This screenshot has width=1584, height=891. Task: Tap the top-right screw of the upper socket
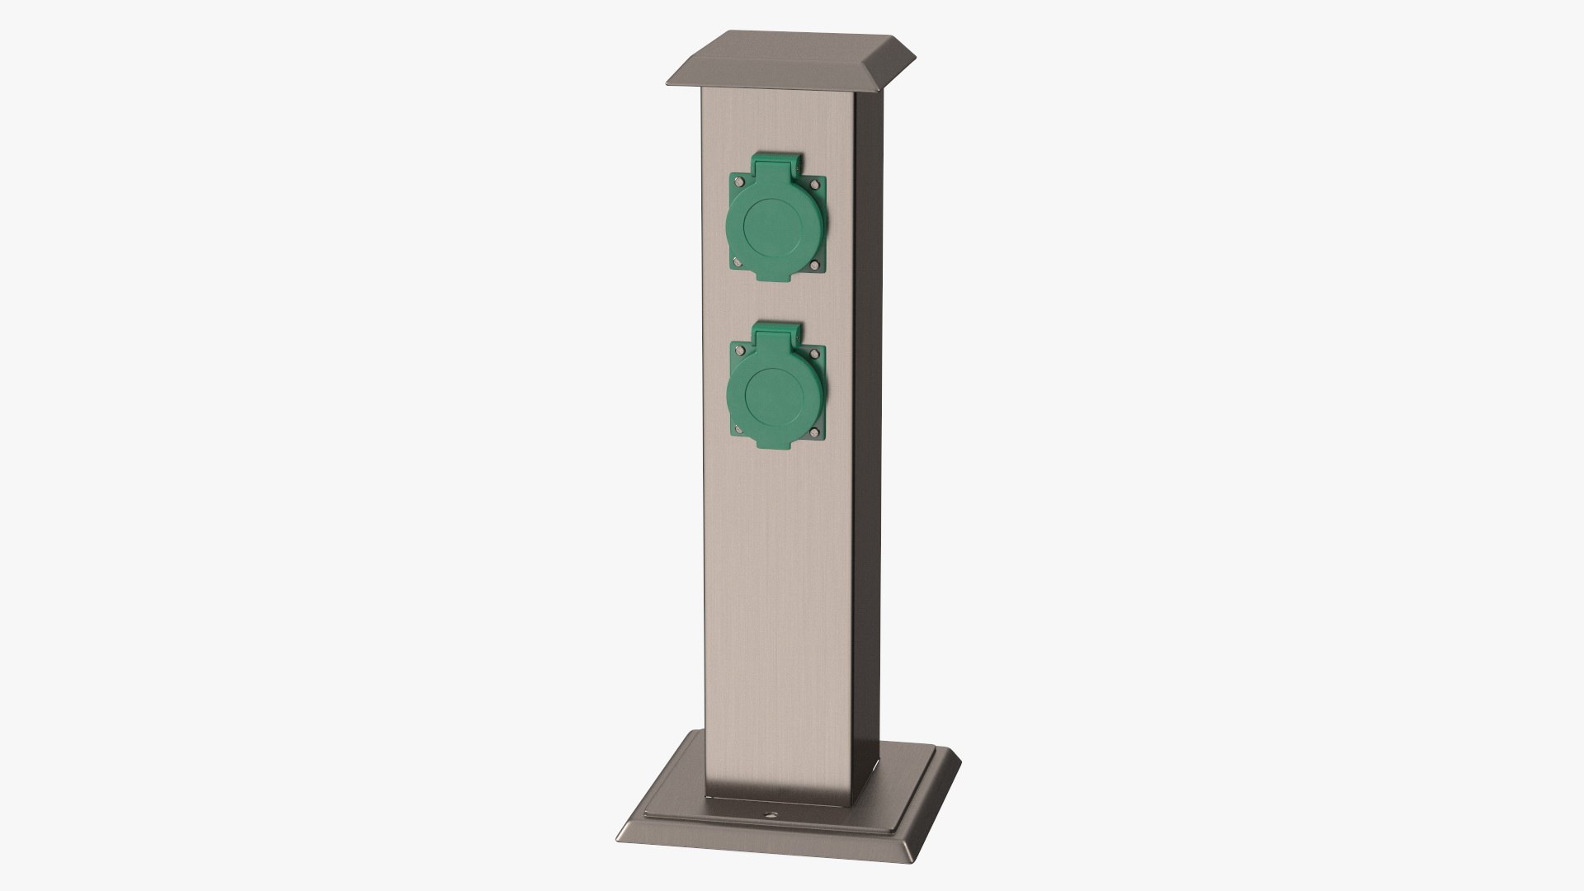tap(818, 207)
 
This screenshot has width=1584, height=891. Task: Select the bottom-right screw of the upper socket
tap(815, 266)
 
